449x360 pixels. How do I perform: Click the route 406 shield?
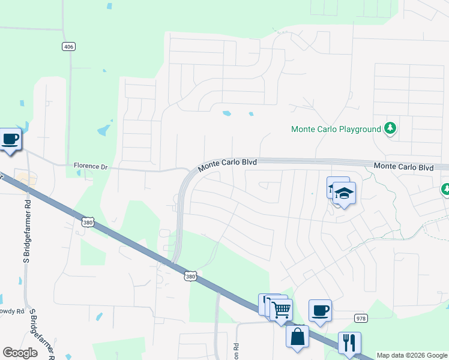[x=68, y=46]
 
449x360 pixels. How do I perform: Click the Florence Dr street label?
[x=90, y=166]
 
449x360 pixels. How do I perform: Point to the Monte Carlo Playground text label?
[x=336, y=129]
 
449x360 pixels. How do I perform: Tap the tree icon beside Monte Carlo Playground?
[x=390, y=128]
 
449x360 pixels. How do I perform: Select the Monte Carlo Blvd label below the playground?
[x=403, y=167]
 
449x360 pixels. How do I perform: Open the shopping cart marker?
[x=281, y=310]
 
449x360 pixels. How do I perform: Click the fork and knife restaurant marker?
[x=349, y=343]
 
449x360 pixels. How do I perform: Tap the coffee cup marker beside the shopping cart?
[x=320, y=311]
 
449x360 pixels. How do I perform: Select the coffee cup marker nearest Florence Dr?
[x=10, y=139]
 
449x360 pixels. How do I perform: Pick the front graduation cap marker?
[x=345, y=193]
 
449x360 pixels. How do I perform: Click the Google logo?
[x=20, y=353]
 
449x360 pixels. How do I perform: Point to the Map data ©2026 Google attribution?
[x=411, y=355]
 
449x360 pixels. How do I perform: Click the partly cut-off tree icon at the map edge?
[x=445, y=189]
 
